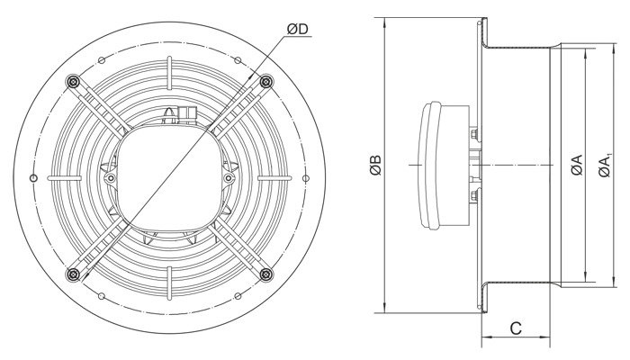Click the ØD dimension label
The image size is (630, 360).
pyautogui.click(x=297, y=29)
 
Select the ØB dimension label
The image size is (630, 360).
pyautogui.click(x=375, y=165)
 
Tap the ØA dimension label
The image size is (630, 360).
pyautogui.click(x=576, y=165)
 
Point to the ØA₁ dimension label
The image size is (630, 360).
pyautogui.click(x=605, y=165)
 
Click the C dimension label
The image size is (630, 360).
pyautogui.click(x=516, y=328)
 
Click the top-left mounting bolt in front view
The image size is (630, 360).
pyautogui.click(x=72, y=82)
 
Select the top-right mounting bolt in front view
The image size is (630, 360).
pyautogui.click(x=265, y=82)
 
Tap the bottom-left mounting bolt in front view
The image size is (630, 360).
pyautogui.click(x=72, y=274)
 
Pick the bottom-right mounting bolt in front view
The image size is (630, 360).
pyautogui.click(x=265, y=274)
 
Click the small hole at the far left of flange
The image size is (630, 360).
pyautogui.click(x=34, y=178)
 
